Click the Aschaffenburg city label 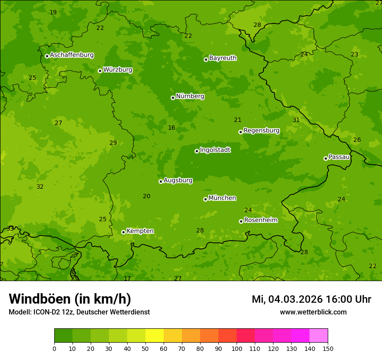72,55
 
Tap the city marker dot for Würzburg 100,71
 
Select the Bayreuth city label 223,58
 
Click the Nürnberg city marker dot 173,98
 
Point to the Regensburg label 261,130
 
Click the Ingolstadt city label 215,150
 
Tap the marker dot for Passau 326,158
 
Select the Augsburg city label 178,180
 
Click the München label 222,198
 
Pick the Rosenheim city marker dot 241,221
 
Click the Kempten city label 140,231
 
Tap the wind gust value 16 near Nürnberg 171,128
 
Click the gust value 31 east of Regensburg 296,120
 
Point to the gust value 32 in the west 40,187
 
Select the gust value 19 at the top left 53,12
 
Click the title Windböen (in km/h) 70,299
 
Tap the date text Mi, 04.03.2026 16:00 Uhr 311,299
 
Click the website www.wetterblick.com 313,312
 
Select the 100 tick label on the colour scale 237,348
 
